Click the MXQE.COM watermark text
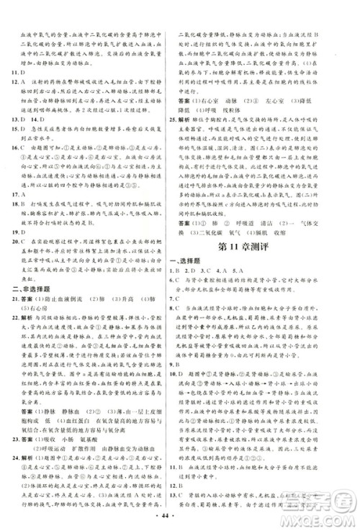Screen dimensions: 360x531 point(323,511)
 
